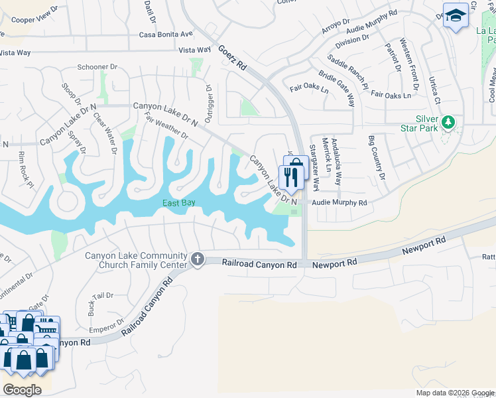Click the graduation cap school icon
[x=456, y=16]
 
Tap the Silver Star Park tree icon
[x=449, y=122]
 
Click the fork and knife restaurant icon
[x=289, y=176]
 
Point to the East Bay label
[x=180, y=203]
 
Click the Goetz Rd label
[x=232, y=57]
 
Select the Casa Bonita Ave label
[x=166, y=34]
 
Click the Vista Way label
[x=195, y=50]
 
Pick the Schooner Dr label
[x=97, y=67]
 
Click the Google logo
[x=22, y=390]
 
